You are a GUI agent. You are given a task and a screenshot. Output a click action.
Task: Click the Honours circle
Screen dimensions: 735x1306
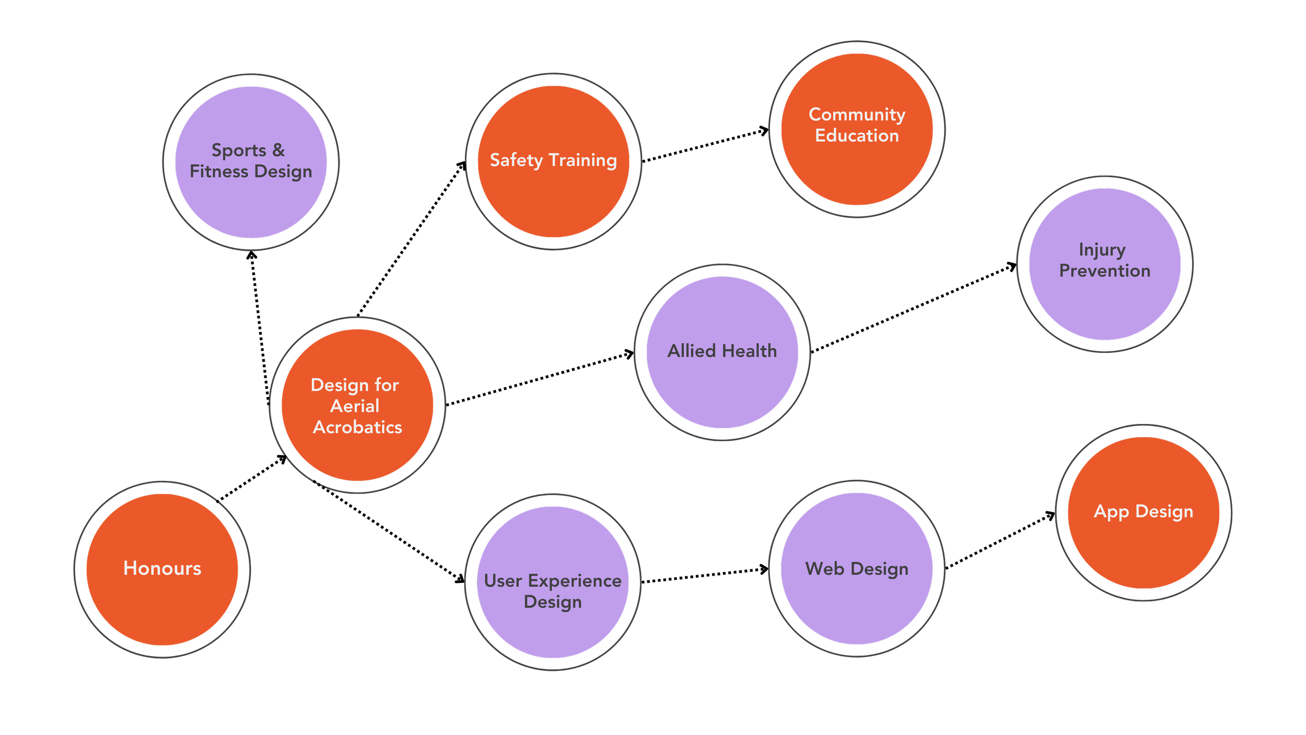[162, 569]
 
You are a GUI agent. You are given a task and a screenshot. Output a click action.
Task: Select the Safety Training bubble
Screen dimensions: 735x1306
[553, 161]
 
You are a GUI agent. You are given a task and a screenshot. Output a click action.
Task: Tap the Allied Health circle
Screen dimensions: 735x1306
[722, 352]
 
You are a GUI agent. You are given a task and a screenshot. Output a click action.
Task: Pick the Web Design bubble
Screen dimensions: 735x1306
[857, 569]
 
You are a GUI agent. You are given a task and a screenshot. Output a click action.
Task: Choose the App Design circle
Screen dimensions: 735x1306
[1144, 512]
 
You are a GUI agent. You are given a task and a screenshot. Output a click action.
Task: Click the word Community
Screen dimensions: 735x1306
[857, 114]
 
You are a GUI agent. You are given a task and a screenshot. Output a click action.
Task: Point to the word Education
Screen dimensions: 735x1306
[857, 136]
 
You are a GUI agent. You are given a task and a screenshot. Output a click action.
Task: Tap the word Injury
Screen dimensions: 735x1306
[1102, 250]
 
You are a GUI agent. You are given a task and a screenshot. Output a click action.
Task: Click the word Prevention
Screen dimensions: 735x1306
[1104, 271]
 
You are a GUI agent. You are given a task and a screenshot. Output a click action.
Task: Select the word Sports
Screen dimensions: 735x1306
[239, 151]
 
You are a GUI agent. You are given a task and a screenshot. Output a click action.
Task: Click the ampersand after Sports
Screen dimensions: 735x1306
[278, 150]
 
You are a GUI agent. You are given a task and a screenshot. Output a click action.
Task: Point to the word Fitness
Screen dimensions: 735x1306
[219, 171]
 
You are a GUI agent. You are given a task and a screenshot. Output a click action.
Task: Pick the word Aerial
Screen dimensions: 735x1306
[355, 406]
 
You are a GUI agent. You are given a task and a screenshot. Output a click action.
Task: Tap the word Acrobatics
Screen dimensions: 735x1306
[357, 428]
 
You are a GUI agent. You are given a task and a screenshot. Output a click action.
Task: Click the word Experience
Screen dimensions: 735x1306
[575, 581]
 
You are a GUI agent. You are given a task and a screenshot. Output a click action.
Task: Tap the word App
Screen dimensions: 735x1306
[1112, 512]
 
